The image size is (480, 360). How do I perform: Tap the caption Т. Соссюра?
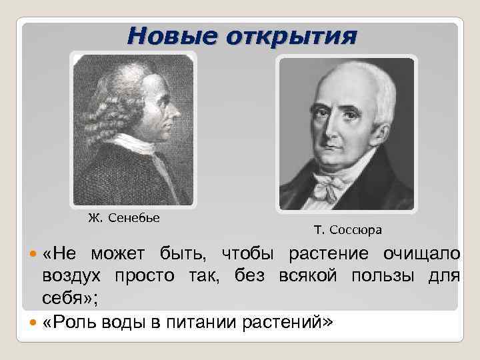[x=347, y=231]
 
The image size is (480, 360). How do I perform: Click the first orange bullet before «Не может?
[x=35, y=255]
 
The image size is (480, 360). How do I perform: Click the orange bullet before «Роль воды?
[x=35, y=323]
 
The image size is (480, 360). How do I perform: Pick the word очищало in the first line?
[x=421, y=254]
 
